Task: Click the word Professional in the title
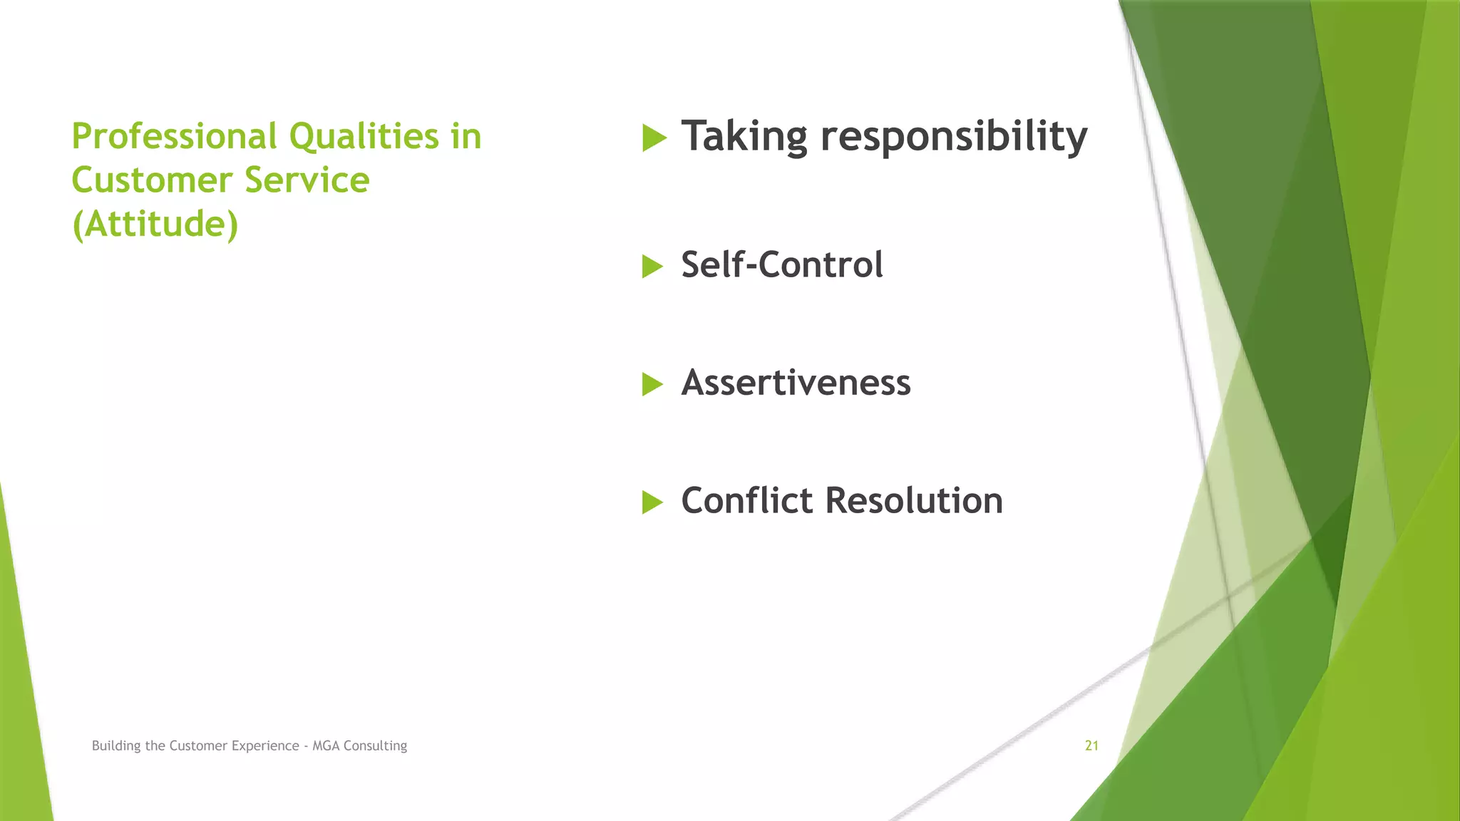click(174, 137)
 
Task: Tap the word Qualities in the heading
click(364, 137)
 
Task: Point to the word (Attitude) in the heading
click(155, 224)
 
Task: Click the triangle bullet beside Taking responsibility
click(654, 138)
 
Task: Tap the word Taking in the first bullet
click(744, 136)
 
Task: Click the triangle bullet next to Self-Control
click(652, 267)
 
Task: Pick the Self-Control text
click(781, 264)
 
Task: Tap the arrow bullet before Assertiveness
click(652, 384)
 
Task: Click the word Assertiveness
click(796, 383)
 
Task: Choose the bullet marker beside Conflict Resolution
click(652, 502)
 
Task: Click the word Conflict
click(746, 500)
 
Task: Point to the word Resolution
click(914, 500)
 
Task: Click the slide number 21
click(1091, 745)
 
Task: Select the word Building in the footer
click(116, 745)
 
